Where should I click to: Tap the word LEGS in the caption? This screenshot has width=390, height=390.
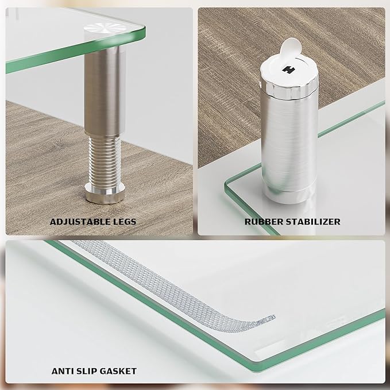(124, 221)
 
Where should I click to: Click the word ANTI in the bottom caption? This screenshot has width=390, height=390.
(61, 371)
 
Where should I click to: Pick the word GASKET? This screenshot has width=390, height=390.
(118, 371)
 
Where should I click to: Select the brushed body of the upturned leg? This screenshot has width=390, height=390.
(284, 144)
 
